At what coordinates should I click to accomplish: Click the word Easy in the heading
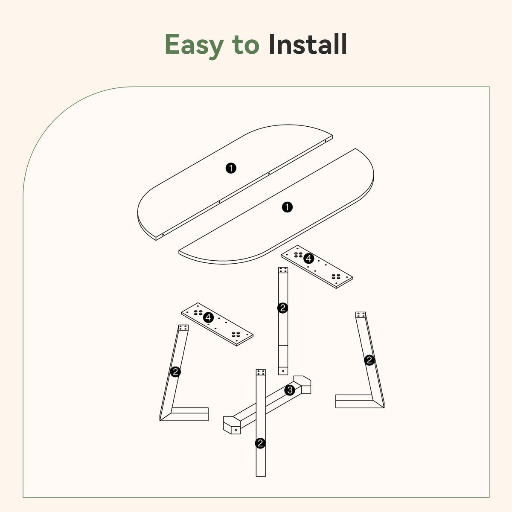[x=193, y=44]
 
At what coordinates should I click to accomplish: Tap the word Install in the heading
[x=308, y=44]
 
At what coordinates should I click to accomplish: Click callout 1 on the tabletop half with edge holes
[x=231, y=168]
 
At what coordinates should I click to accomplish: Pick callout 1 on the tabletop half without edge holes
[x=288, y=207]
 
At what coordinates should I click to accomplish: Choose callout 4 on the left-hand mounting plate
[x=208, y=317]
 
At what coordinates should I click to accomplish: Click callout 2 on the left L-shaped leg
[x=175, y=372]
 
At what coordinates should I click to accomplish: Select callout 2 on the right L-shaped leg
[x=369, y=360]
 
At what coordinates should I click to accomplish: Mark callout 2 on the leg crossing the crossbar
[x=260, y=443]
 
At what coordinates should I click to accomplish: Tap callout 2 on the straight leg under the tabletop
[x=282, y=308]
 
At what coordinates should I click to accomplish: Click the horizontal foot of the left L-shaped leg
[x=189, y=414]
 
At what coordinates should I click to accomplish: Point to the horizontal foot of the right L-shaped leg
[x=354, y=401]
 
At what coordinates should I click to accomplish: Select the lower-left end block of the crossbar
[x=233, y=425]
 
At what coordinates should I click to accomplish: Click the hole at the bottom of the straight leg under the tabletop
[x=283, y=370]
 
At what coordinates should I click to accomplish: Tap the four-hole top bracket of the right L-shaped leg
[x=361, y=315]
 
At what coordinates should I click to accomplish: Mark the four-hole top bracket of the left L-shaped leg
[x=183, y=328]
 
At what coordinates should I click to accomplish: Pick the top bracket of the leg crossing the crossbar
[x=261, y=372]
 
